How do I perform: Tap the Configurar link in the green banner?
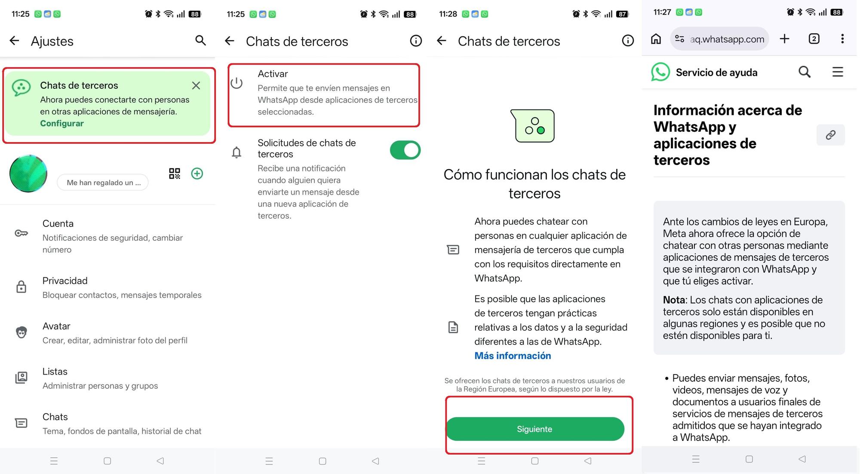(62, 124)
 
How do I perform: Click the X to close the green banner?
(196, 86)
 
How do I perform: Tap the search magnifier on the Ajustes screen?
(200, 40)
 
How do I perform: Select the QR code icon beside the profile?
(175, 173)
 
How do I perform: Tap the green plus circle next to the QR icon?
(197, 173)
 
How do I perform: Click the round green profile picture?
(28, 173)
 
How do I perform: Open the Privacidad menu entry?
(65, 281)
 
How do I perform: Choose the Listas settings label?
(55, 372)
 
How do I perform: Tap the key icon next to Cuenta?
(21, 233)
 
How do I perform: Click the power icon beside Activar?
(236, 83)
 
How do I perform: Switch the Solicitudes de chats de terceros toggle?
(405, 150)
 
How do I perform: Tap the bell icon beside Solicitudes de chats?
(236, 152)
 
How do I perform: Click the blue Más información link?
(513, 356)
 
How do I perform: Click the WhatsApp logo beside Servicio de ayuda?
(660, 72)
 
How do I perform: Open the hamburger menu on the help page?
(838, 72)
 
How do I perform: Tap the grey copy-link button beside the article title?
(830, 135)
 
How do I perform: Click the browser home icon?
(656, 39)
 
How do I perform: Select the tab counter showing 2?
(814, 39)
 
